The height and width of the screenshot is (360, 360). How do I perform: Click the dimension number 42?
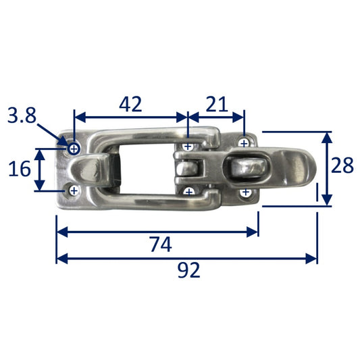(x=130, y=104)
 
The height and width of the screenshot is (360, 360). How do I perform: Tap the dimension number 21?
(x=217, y=104)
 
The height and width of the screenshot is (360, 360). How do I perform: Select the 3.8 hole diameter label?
(x=22, y=115)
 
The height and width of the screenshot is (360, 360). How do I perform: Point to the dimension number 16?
(x=20, y=169)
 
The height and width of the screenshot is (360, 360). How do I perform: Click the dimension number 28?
(x=342, y=165)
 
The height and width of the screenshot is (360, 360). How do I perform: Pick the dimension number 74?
(x=161, y=245)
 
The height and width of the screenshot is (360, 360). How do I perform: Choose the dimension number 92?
(x=188, y=270)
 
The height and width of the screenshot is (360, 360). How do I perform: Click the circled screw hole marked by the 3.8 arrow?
(x=74, y=149)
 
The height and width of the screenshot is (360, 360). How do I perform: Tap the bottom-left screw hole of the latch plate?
(x=74, y=190)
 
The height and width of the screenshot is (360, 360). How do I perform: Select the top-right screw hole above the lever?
(x=245, y=143)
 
